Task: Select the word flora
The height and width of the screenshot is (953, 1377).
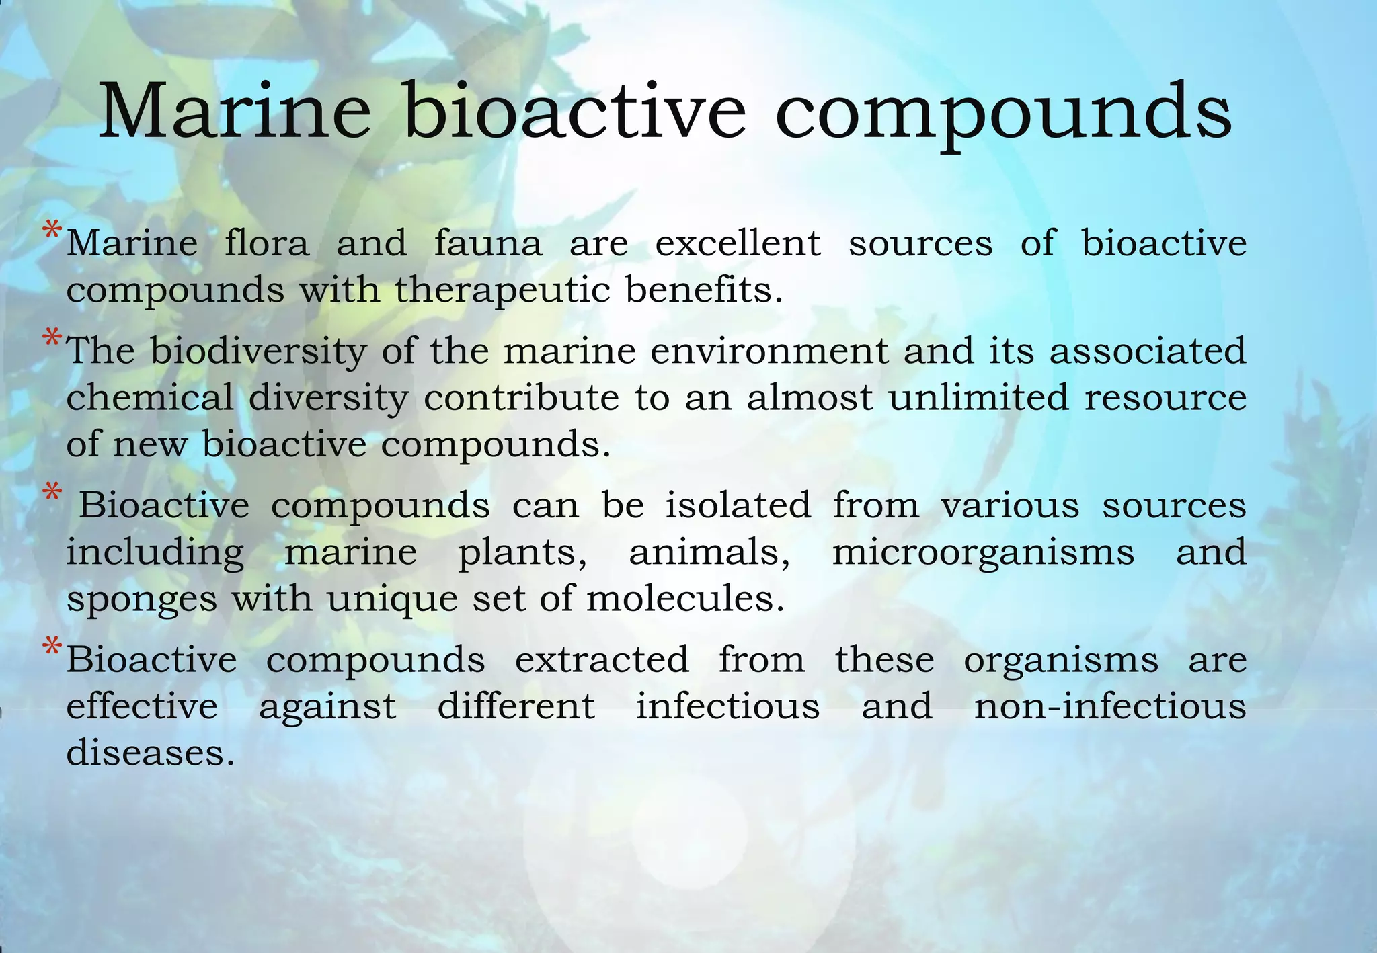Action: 267,243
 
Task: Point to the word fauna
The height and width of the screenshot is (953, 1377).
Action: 487,243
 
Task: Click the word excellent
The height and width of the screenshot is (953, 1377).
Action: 738,243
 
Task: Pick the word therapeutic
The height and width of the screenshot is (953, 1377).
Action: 502,291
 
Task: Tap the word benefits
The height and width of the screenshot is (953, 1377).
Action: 704,290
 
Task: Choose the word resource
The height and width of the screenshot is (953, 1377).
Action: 1165,397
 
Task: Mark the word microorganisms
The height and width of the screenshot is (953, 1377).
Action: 983,553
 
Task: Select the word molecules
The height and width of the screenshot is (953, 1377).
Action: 685,598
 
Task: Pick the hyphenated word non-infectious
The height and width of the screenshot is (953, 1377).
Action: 1110,706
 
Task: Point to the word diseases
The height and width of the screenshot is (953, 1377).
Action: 150,752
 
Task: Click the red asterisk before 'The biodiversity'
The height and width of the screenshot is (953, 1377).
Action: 52,337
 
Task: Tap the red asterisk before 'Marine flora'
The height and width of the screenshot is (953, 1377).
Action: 52,231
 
